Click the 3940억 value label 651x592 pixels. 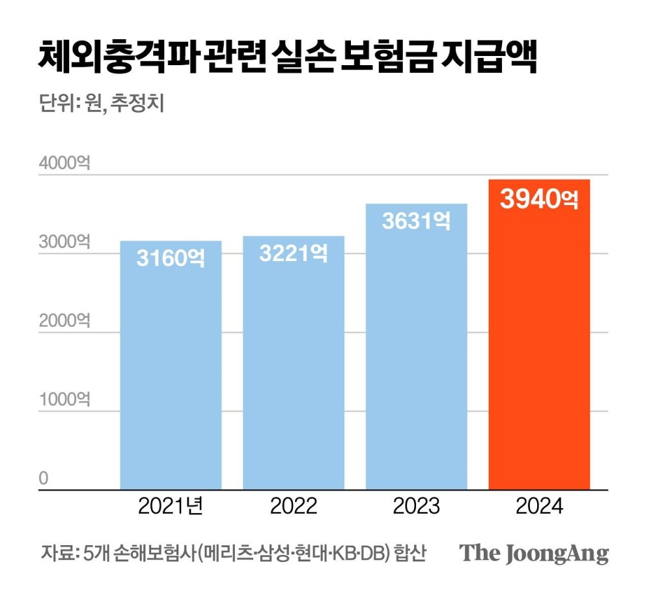(539, 199)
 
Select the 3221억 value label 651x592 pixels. (294, 253)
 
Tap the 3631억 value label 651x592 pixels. (416, 221)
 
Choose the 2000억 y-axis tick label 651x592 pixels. (64, 320)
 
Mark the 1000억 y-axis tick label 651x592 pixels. (64, 399)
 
